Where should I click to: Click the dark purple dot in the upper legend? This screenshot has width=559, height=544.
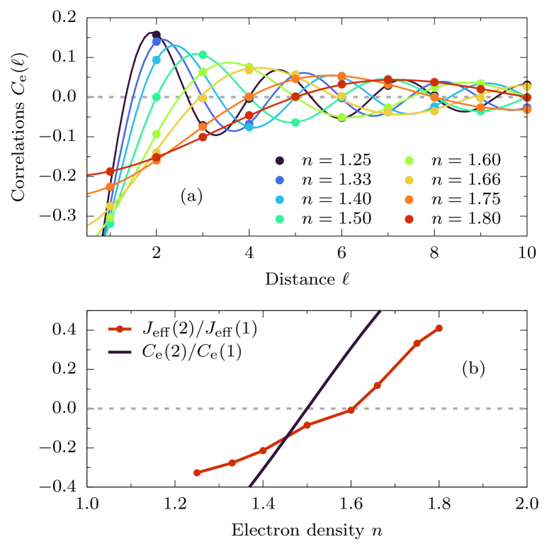[x=280, y=161]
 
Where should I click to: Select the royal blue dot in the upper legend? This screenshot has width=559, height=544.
[x=280, y=181]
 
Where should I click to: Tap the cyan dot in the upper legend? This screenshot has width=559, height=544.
[x=280, y=200]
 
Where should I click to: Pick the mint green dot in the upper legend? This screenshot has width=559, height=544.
[x=280, y=219]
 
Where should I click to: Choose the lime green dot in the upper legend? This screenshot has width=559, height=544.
[x=409, y=161]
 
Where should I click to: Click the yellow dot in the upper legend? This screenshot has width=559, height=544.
[x=409, y=181]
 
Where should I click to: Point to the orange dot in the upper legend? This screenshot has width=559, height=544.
[x=409, y=200]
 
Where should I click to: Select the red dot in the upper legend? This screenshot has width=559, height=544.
[x=409, y=219]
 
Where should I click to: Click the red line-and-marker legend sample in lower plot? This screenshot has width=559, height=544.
[x=120, y=329]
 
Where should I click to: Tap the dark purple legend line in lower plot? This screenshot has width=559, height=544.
[x=120, y=352]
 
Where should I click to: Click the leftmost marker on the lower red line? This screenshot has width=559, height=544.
[x=197, y=472]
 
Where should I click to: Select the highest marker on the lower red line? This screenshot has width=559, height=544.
[x=439, y=328]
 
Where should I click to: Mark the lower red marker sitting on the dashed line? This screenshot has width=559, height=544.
[x=351, y=410]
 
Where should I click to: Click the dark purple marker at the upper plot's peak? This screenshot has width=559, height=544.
[x=156, y=34]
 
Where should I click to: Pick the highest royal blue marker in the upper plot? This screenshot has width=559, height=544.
[x=157, y=42]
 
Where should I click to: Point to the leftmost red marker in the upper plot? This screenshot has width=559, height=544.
[x=110, y=171]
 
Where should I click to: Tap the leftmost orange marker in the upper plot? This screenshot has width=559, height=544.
[x=110, y=186]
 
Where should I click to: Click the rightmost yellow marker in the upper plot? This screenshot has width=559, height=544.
[x=526, y=86]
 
